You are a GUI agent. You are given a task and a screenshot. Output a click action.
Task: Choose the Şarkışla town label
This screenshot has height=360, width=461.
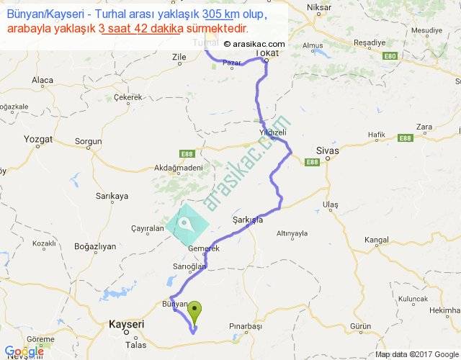[x=248, y=220]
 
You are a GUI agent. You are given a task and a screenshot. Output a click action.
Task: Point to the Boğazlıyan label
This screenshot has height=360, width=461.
[x=95, y=246]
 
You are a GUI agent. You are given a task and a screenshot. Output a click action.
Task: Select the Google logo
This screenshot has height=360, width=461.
[x=23, y=351]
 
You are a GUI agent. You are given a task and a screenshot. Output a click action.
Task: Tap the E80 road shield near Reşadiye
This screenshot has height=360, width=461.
[x=390, y=55]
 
